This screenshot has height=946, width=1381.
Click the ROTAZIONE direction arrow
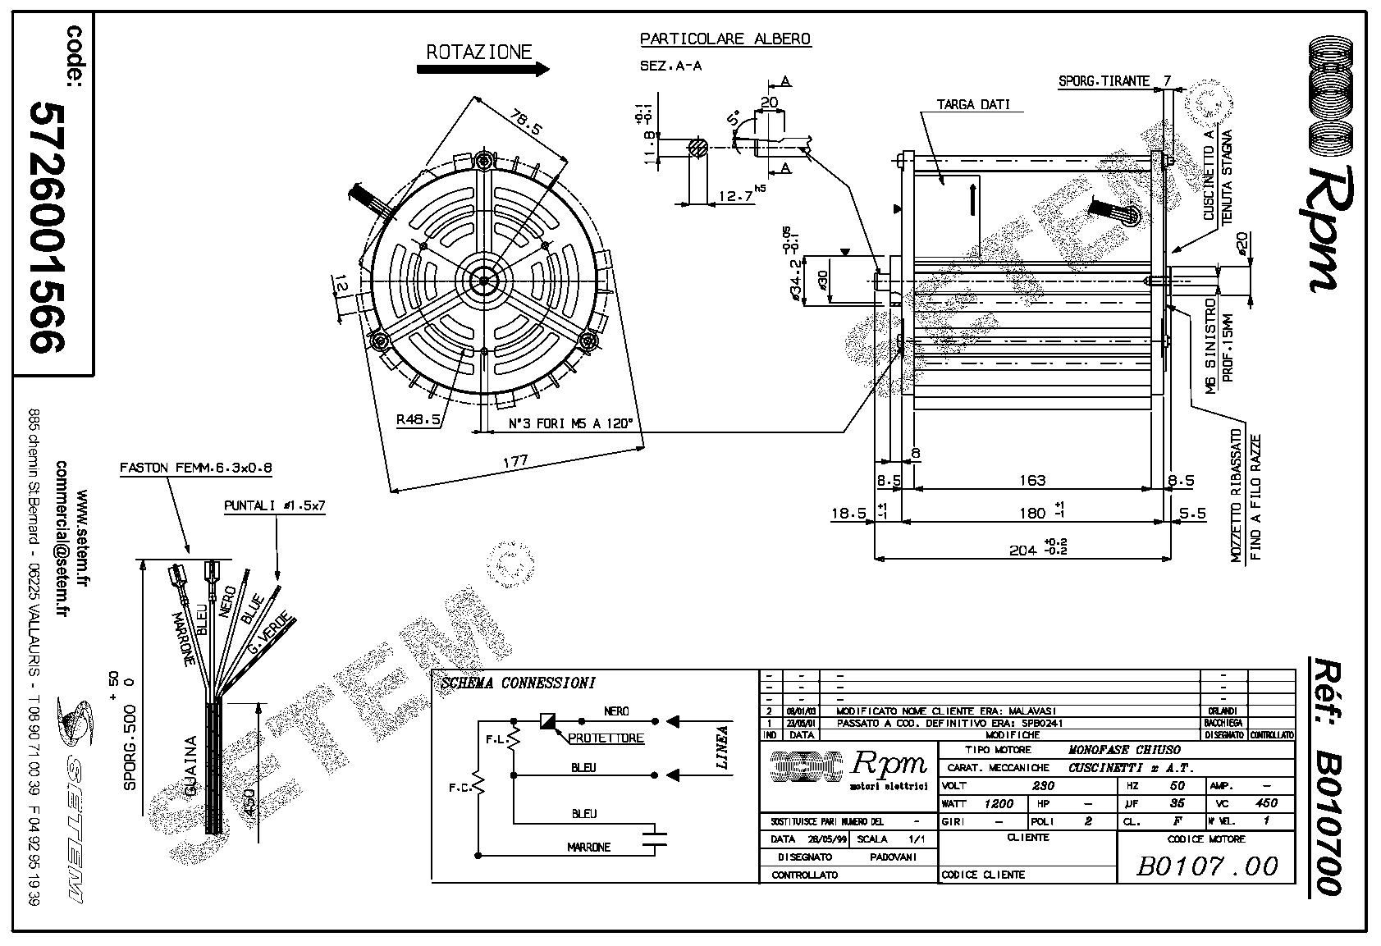coord(482,70)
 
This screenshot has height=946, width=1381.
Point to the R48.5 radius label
coord(418,419)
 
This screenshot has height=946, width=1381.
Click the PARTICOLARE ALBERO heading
coord(725,39)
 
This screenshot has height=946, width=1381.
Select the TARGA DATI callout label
coord(973,105)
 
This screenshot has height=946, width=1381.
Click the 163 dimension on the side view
coord(1031,479)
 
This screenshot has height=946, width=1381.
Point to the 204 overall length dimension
coord(1022,550)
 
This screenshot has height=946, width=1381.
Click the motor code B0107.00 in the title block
coord(1207,866)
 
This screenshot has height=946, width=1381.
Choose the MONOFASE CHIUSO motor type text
coord(1123,749)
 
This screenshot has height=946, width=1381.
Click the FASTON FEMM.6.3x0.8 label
coord(195,468)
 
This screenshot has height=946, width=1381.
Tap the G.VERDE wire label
coord(272,633)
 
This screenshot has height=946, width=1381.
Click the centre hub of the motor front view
coord(484,281)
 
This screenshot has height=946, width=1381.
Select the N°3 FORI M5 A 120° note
coord(570,423)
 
